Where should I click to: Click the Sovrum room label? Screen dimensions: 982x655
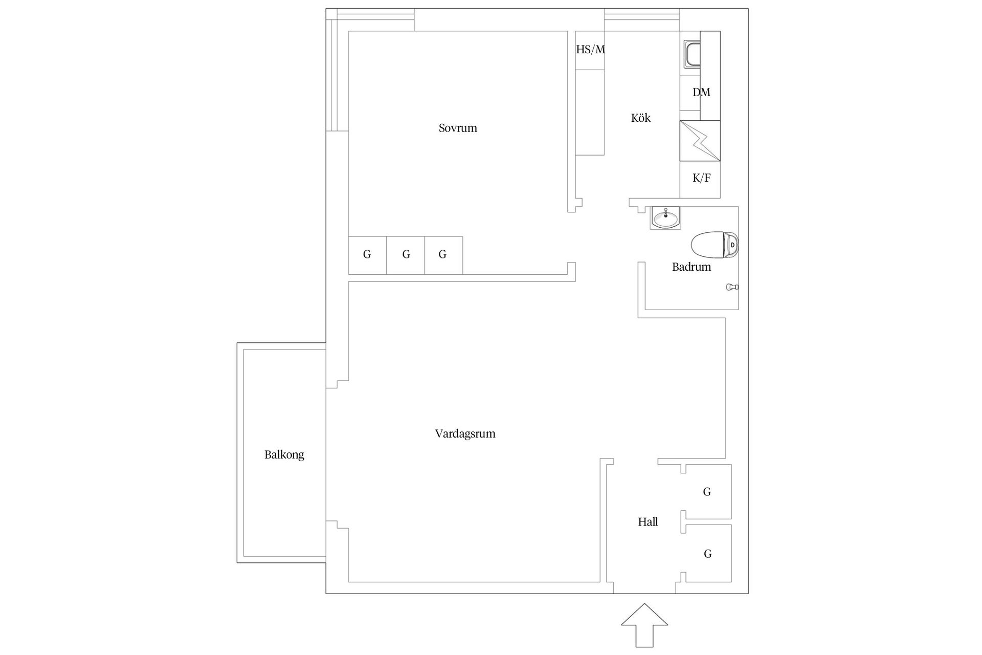point(458,128)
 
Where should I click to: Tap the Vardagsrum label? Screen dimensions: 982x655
point(465,434)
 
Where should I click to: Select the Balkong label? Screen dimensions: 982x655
point(284,455)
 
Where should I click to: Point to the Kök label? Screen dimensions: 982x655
point(640,118)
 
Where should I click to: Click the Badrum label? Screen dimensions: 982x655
point(691,267)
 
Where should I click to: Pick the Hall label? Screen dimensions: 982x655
point(648,522)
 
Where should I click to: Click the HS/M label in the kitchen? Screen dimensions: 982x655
point(590,50)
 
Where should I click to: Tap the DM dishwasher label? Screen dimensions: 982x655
point(701,93)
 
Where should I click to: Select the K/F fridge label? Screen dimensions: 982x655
point(701,178)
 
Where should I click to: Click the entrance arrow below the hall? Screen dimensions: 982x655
point(644,625)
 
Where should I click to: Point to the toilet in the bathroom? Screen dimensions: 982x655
point(715,245)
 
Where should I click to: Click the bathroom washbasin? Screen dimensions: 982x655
point(665,218)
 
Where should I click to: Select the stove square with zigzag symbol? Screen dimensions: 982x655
point(700,141)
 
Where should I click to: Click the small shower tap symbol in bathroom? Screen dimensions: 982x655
point(732,288)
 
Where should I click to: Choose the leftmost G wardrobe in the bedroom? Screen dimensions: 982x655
point(367,255)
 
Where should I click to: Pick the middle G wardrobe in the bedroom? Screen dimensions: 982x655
point(406,255)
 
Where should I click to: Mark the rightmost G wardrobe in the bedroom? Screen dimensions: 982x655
point(443,255)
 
